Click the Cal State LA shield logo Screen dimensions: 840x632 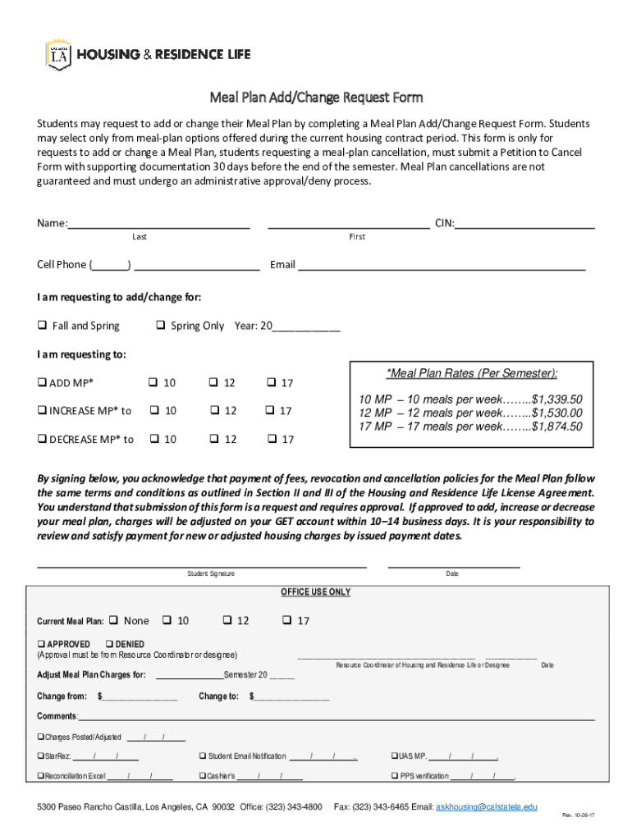[59, 55]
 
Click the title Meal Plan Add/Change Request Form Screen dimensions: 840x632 [316, 98]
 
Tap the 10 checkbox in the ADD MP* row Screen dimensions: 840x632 [153, 383]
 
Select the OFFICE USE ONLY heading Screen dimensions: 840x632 [316, 591]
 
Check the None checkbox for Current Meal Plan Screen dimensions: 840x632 [114, 620]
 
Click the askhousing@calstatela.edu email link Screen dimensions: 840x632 [487, 807]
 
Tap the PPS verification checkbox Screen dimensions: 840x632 [393, 775]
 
